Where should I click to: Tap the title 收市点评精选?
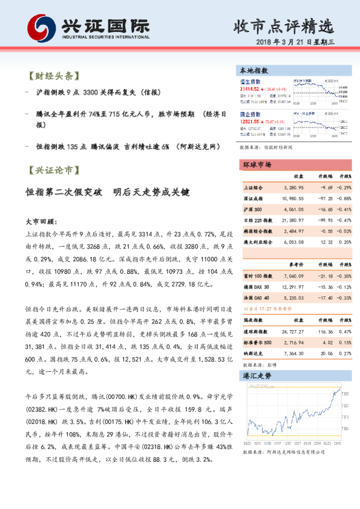coord(283,27)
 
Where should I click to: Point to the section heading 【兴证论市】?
coord(53,171)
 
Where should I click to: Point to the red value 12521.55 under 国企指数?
coord(249,121)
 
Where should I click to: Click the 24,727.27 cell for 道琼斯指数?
coord(293,332)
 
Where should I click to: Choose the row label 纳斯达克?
coord(254,354)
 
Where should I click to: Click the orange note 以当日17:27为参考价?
coord(266,308)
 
